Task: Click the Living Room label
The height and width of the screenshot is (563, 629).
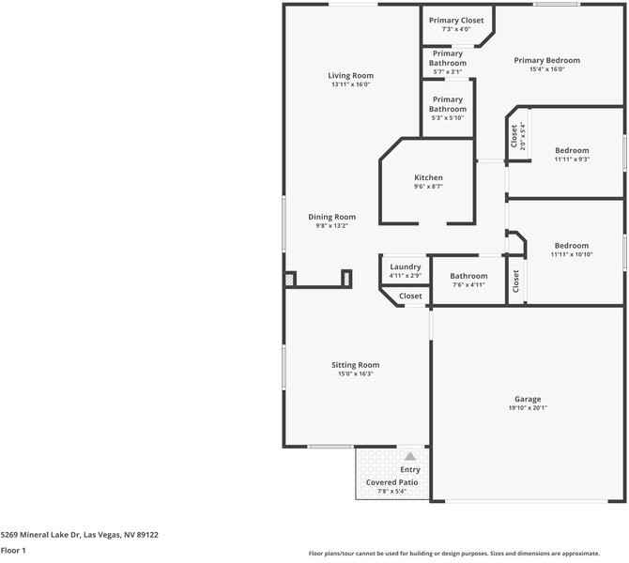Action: [350, 76]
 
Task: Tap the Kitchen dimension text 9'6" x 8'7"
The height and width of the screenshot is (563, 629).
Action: [428, 187]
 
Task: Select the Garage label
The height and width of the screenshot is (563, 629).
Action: [528, 399]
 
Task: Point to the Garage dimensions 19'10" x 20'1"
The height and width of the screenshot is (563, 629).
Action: [528, 408]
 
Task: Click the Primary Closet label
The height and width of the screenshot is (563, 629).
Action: [456, 20]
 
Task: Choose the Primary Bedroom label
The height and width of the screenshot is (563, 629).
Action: [546, 60]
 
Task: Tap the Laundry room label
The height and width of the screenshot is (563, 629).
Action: [405, 266]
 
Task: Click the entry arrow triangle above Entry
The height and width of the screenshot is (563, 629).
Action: [409, 455]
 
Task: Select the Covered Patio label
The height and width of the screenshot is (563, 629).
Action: [391, 482]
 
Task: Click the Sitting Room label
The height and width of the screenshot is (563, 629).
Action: [355, 365]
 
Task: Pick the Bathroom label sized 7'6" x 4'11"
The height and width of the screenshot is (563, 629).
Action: [468, 276]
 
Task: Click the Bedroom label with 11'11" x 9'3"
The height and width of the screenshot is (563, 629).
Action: [572, 150]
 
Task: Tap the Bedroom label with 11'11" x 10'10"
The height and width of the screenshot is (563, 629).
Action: [572, 245]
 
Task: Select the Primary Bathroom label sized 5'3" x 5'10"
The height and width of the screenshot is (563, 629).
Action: [448, 104]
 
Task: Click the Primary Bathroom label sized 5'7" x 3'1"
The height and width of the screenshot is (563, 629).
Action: [448, 58]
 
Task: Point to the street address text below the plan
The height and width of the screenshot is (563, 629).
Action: [79, 535]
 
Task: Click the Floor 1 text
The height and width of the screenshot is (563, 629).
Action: [14, 551]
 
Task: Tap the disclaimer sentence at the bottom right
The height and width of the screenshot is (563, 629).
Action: [467, 553]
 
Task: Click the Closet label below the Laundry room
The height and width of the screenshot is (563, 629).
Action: [410, 297]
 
